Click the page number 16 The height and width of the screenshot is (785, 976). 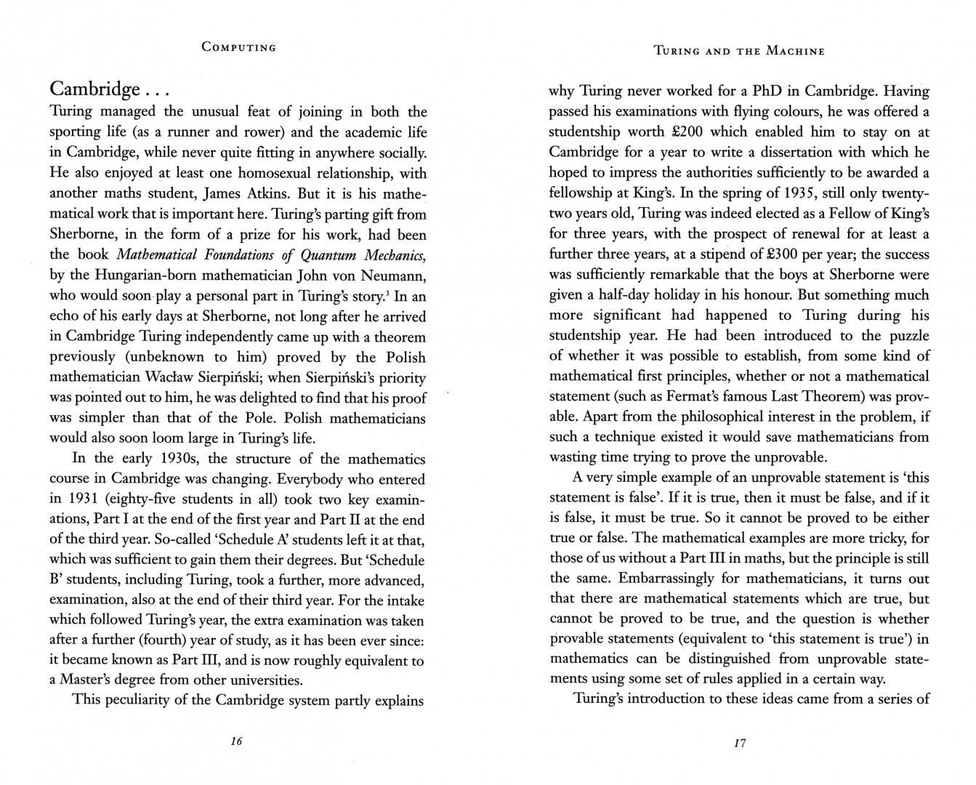pos(235,741)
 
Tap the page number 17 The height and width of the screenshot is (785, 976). pos(740,743)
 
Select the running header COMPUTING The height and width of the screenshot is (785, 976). pos(239,47)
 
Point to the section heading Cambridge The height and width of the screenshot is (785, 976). pos(94,89)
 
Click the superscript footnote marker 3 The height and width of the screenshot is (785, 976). pos(387,293)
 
